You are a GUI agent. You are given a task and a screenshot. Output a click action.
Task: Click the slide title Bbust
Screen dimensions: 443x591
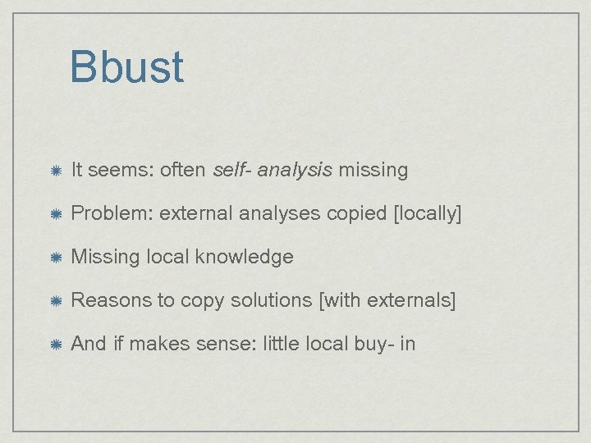(127, 67)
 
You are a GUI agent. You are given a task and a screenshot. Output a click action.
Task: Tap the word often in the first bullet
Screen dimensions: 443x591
(184, 171)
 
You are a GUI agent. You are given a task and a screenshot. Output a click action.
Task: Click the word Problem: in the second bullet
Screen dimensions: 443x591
(112, 214)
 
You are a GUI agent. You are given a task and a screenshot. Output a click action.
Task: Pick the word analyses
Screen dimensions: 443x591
(282, 214)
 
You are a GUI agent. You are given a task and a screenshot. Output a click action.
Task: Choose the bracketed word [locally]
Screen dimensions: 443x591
(428, 214)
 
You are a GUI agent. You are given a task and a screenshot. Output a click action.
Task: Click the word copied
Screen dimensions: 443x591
(357, 214)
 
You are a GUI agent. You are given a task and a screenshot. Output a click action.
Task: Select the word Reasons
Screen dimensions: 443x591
(112, 300)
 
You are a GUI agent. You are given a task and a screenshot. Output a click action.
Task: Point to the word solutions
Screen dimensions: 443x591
(267, 300)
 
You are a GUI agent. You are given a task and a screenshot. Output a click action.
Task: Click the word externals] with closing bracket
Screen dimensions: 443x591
(408, 300)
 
